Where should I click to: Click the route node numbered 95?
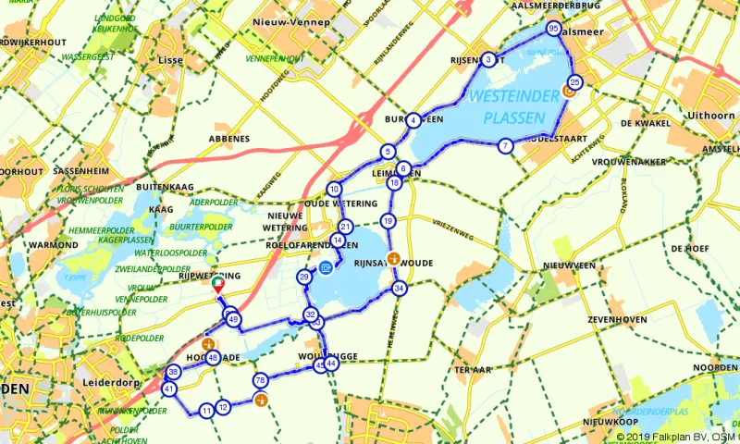(x=553, y=30)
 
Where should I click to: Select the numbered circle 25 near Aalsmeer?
(x=574, y=83)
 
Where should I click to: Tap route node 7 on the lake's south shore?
(x=504, y=146)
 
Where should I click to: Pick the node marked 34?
(x=400, y=289)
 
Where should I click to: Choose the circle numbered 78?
(x=260, y=380)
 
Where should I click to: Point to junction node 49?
(x=233, y=320)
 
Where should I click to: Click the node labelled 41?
(x=168, y=389)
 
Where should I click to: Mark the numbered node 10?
(x=334, y=190)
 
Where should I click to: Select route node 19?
(x=388, y=221)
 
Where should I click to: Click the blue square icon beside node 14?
(x=325, y=268)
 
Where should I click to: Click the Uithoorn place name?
(x=704, y=116)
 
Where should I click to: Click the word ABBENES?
(x=228, y=139)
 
